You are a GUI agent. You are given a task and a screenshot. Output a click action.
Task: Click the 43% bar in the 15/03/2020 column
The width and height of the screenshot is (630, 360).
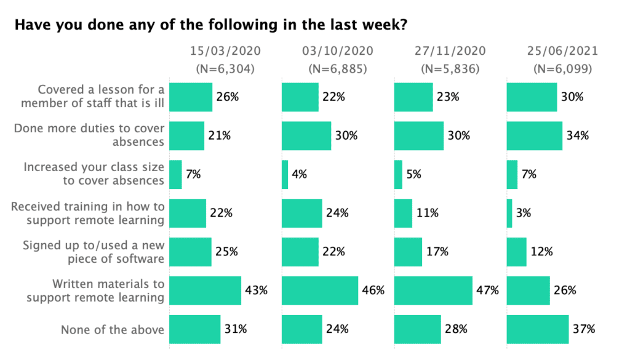205,290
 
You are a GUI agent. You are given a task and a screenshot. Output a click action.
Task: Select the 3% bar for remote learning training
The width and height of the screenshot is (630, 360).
509,213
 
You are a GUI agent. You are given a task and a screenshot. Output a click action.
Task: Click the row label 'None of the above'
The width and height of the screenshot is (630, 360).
113,329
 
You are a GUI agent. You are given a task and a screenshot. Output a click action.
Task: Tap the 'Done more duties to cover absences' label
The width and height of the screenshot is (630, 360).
89,135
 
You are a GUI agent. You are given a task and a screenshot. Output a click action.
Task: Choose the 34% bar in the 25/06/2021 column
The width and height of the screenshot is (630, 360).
534,135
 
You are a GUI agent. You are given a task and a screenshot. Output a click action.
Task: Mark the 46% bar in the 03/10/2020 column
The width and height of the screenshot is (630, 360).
320,290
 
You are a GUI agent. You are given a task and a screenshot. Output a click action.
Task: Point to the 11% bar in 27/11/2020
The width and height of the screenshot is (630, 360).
403,213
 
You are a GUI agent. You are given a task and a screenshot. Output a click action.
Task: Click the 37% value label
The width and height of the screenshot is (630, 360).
585,329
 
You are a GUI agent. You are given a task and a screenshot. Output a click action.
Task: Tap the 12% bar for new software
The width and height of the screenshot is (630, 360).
516,252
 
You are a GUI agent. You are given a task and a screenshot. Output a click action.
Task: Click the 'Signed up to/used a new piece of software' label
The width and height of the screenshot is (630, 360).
94,252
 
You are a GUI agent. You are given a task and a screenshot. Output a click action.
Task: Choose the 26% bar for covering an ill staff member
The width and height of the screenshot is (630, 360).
191,97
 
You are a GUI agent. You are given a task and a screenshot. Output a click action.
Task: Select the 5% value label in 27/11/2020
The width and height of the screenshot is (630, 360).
414,174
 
